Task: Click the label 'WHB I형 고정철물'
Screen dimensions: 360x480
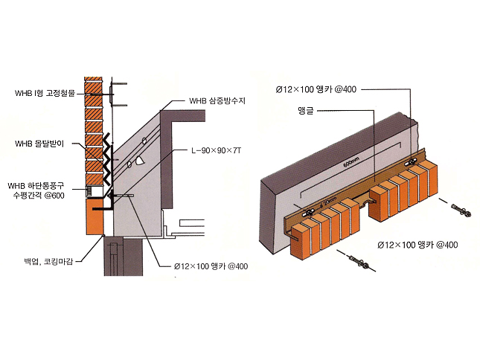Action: (45, 93)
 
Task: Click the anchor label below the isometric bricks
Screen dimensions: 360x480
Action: (417, 244)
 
